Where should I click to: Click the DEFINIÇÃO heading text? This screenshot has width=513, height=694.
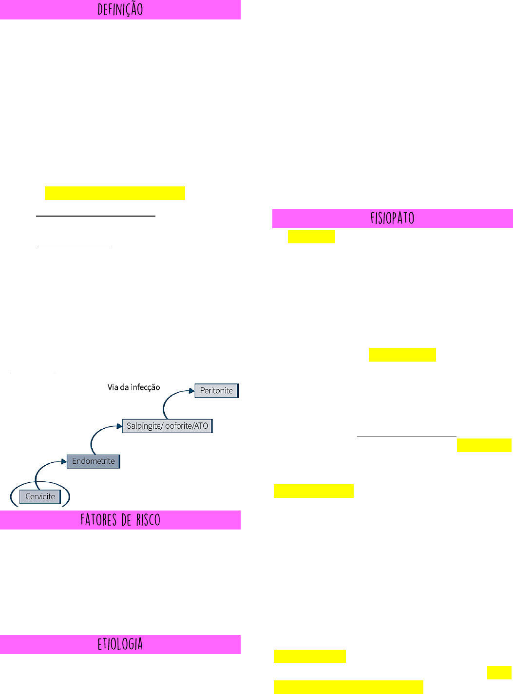tap(120, 10)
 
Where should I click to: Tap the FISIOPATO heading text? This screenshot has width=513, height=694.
tap(392, 218)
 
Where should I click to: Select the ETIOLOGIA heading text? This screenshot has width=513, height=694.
tap(120, 644)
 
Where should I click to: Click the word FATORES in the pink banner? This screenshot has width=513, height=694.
tap(98, 520)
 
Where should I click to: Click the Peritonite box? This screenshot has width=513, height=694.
tap(216, 390)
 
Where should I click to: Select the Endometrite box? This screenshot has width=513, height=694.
tap(94, 461)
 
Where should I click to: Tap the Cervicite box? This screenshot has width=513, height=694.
tap(40, 496)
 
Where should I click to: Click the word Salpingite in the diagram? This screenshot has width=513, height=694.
tap(143, 426)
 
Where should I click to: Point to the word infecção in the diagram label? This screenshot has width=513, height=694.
tap(145, 387)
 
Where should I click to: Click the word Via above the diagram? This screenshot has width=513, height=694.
tap(113, 387)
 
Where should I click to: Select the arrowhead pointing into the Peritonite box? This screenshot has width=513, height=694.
tap(191, 391)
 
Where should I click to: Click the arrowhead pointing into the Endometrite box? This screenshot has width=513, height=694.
tap(64, 461)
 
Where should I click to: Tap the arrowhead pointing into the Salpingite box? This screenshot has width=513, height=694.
tap(119, 426)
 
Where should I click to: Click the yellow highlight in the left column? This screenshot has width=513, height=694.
tap(115, 193)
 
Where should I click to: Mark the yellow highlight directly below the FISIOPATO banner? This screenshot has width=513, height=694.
tap(311, 237)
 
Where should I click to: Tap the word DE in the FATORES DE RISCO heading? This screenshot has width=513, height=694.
tap(126, 520)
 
